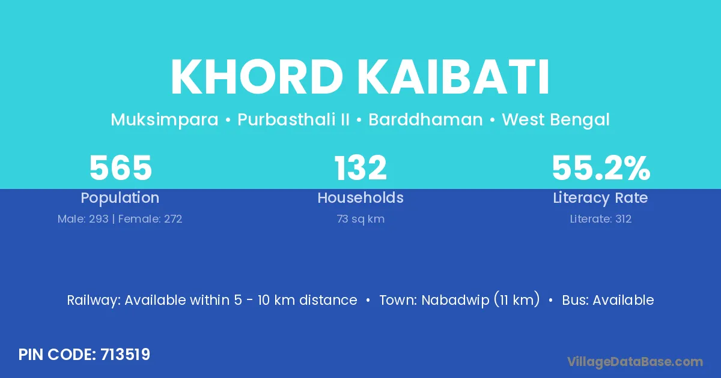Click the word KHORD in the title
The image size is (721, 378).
click(x=257, y=77)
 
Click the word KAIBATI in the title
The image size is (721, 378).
click(x=453, y=77)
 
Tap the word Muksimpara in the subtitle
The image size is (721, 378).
click(x=165, y=120)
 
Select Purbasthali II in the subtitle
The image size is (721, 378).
click(x=293, y=119)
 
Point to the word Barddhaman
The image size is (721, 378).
click(x=425, y=119)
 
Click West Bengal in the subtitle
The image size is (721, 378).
click(x=556, y=120)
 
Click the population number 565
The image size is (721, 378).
click(x=120, y=167)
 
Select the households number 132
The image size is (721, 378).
click(x=360, y=167)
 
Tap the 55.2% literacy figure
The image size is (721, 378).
click(x=601, y=167)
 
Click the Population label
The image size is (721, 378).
click(x=120, y=198)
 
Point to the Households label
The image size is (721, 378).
click(x=360, y=197)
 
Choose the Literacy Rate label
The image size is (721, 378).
click(x=600, y=198)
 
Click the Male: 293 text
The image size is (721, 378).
click(x=83, y=219)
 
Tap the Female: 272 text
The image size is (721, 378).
click(x=150, y=219)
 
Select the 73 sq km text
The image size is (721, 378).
click(x=360, y=219)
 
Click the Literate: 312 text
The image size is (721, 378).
click(x=601, y=219)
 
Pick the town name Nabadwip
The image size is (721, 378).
click(x=455, y=300)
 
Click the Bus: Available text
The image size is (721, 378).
click(x=607, y=300)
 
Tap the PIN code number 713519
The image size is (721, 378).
click(x=125, y=355)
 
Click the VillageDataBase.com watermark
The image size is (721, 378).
click(x=634, y=362)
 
